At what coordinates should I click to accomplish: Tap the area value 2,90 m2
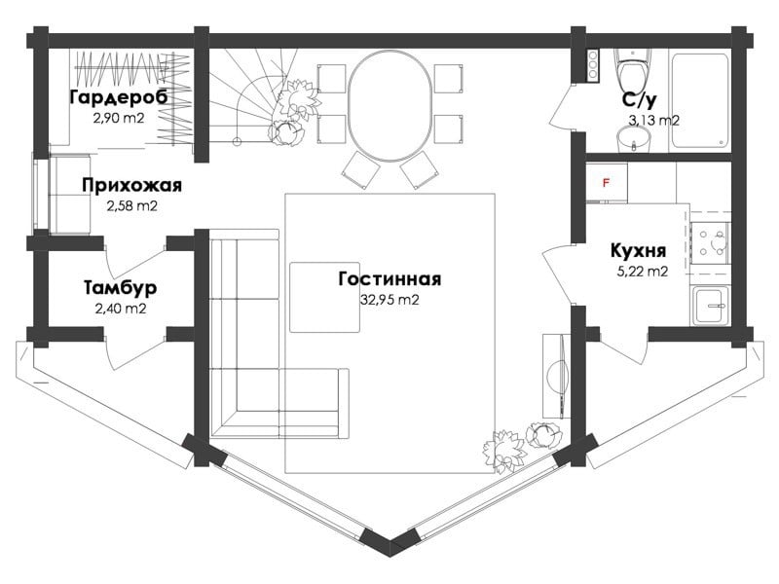click(118, 118)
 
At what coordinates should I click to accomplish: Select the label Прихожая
click(132, 185)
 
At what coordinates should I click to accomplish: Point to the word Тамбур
click(120, 287)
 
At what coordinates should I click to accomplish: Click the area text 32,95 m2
click(389, 300)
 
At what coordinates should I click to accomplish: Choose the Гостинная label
click(389, 278)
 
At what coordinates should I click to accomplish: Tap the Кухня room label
click(638, 251)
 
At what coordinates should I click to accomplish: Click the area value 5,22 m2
click(643, 272)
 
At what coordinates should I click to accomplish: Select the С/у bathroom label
click(639, 100)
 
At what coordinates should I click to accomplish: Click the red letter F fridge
click(606, 183)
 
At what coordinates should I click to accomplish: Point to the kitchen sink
click(711, 306)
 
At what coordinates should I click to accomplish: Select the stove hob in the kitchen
click(710, 242)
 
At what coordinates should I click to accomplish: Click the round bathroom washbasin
click(634, 139)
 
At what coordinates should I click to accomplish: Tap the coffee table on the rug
click(325, 297)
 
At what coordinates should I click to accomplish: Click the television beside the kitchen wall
click(562, 376)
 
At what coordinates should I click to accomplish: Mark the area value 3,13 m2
click(653, 120)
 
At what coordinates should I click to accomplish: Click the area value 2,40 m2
click(120, 309)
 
